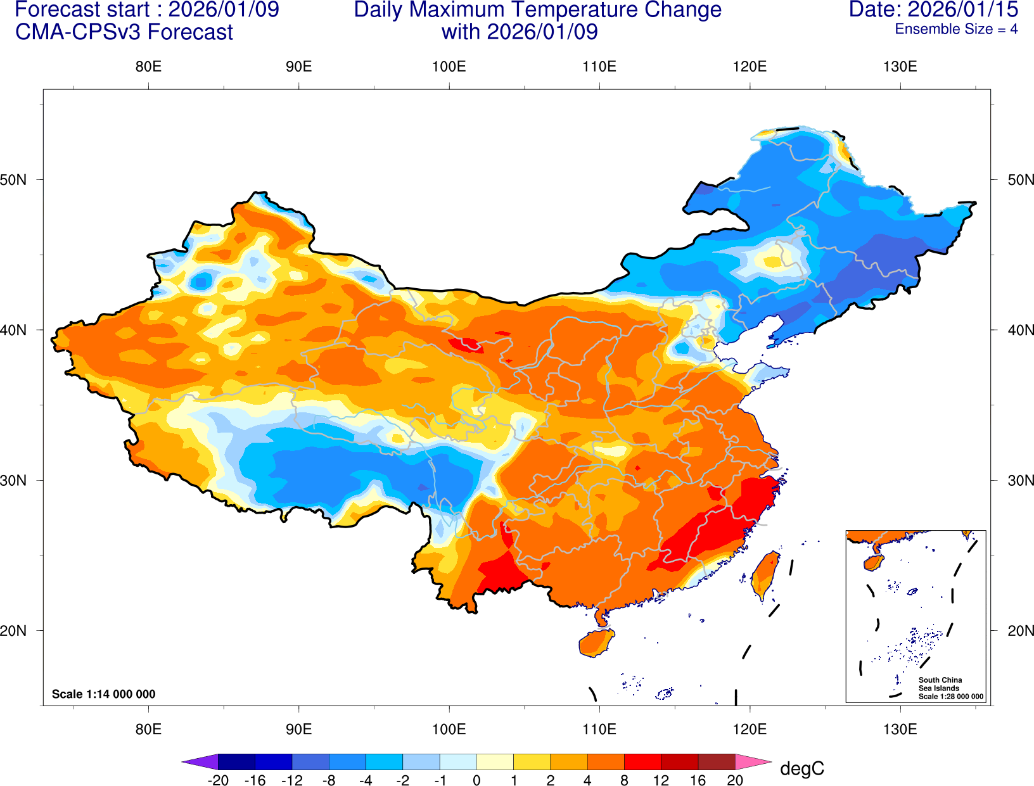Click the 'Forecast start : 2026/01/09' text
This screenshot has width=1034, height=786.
click(147, 10)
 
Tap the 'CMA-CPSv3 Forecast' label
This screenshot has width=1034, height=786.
click(124, 32)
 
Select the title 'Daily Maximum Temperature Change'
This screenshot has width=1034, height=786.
click(537, 10)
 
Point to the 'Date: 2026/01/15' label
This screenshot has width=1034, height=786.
click(933, 10)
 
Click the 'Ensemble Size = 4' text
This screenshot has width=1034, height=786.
click(956, 29)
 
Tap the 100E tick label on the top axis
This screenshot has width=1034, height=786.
click(449, 67)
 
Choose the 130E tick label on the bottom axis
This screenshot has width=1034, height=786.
click(900, 729)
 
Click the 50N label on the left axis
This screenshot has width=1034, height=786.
click(13, 180)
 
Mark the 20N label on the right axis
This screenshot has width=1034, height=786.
click(1020, 631)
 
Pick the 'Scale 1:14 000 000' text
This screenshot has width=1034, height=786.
click(103, 694)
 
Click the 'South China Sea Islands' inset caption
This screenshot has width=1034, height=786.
click(940, 684)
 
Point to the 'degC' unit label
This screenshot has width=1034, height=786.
click(802, 769)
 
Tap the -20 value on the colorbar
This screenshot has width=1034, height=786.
click(218, 780)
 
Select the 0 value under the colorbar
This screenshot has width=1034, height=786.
click(476, 780)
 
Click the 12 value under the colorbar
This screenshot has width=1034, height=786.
click(661, 780)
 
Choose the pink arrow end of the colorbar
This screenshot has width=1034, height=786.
click(753, 761)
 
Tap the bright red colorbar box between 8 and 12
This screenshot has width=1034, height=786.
click(642, 761)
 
